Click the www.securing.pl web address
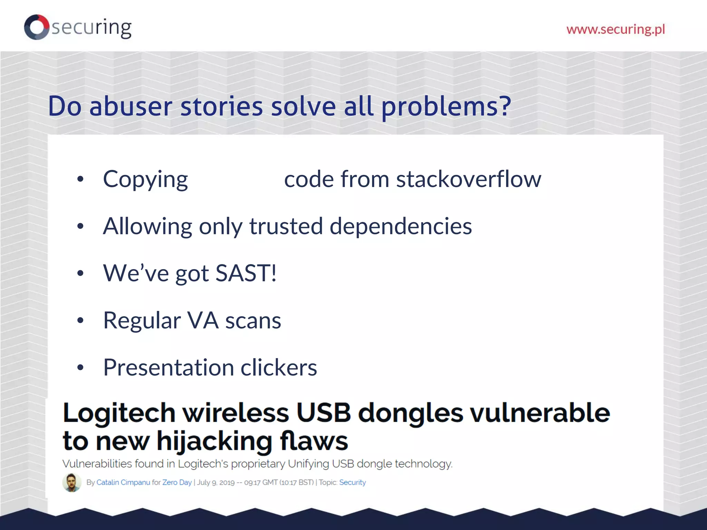click(616, 29)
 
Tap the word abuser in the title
click(130, 106)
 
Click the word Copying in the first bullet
click(145, 179)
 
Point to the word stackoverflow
click(468, 179)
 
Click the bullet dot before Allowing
click(80, 226)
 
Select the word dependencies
click(400, 226)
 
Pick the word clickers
click(279, 367)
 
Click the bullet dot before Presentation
click(80, 367)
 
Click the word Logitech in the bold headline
click(119, 413)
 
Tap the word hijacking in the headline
click(214, 441)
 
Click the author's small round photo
click(72, 482)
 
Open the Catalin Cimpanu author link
click(123, 482)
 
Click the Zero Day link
click(177, 482)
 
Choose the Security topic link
click(352, 482)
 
